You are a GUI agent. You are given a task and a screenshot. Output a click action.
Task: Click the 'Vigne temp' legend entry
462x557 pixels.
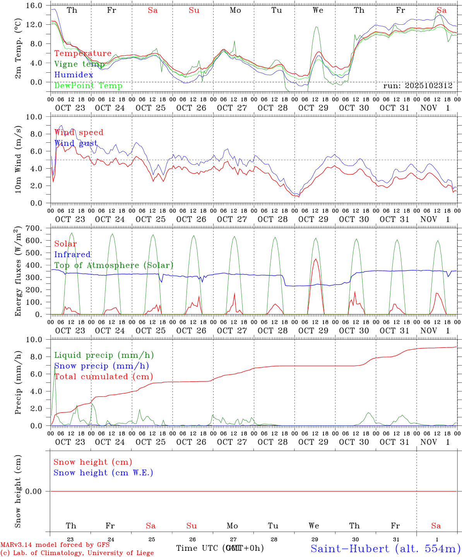coord(79,64)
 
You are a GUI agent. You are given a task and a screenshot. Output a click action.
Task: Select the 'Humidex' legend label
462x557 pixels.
coord(74,75)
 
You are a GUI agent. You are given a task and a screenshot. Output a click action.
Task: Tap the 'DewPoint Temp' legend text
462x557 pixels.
coord(88,86)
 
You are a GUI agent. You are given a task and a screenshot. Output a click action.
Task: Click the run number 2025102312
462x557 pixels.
coord(418,86)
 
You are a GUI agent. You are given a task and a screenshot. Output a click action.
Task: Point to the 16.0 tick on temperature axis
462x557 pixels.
coord(38,5)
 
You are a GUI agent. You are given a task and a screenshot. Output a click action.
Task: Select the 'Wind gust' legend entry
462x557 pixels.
coord(76,143)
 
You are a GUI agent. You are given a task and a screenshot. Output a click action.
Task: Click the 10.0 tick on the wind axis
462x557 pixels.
coord(38,117)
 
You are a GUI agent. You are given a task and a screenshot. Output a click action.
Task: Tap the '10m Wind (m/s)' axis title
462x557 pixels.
coord(18,159)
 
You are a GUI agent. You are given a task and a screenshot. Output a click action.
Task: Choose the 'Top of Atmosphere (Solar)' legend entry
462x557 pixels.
coord(113,265)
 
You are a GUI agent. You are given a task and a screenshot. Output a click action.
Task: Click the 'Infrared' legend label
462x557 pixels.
coord(72,255)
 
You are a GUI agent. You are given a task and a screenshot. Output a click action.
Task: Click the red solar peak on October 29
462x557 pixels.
coord(316,260)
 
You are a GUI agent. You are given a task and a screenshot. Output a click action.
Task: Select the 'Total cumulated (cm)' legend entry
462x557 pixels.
coord(103,377)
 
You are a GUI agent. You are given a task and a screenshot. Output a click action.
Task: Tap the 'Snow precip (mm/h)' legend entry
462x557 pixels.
coord(101,366)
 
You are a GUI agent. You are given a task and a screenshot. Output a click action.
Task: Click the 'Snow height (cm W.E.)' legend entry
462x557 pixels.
coord(103,473)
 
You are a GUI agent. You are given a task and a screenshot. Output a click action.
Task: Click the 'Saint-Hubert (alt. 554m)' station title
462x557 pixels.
coord(385,548)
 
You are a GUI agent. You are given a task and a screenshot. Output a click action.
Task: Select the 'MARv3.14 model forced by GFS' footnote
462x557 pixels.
coord(55,545)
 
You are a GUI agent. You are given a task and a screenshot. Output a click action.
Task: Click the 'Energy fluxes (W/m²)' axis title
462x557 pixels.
coord(18,272)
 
